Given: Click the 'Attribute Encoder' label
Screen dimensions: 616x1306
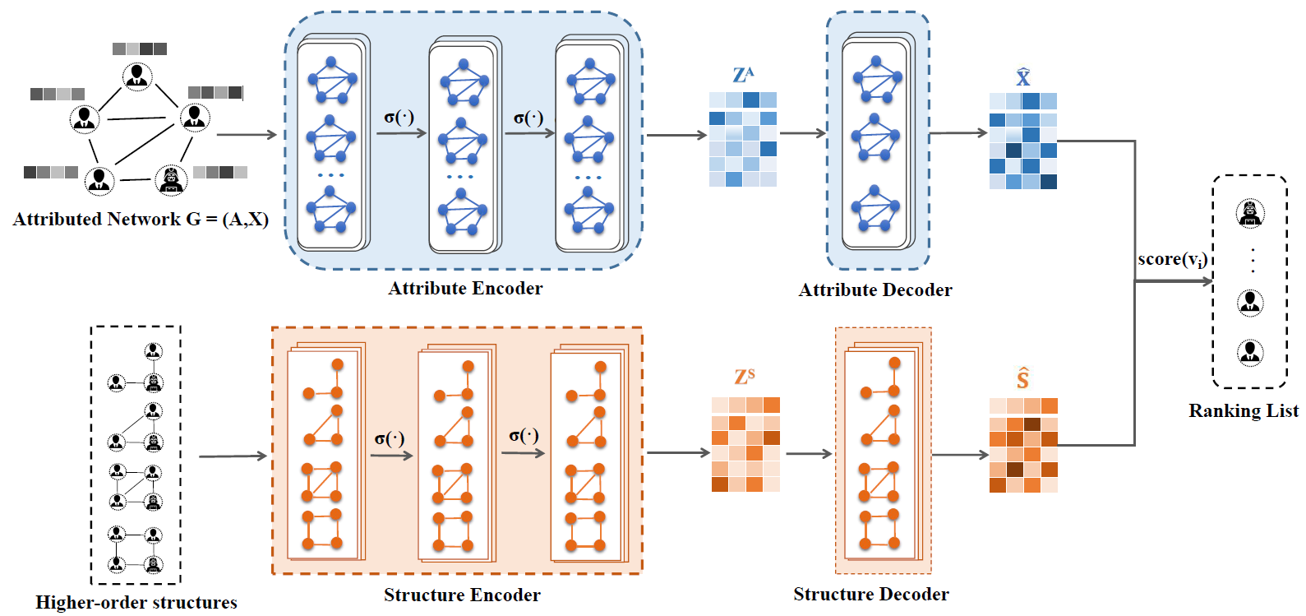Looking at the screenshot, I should pos(465,289).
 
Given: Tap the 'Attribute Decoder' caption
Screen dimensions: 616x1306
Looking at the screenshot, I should pos(875,290).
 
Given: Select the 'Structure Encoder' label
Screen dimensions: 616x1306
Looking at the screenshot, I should pos(462,595).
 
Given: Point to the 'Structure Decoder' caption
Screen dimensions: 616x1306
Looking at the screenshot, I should pos(870,595).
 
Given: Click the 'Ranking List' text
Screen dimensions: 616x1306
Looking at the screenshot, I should pos(1244,411).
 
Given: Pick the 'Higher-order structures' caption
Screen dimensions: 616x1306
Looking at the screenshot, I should pos(136,603).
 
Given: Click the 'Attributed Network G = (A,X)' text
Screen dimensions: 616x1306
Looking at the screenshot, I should pos(141,220).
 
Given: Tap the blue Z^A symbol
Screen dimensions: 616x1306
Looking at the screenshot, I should pos(743,76).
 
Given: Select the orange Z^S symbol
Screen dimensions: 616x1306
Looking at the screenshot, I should pos(745,377).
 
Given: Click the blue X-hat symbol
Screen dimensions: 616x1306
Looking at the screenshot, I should pos(1023,77).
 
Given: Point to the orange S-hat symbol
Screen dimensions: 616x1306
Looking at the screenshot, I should pos(1022,378).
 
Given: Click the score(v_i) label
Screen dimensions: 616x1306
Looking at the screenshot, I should pos(1172,260).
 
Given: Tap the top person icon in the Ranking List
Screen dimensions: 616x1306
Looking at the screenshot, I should pos(1250,214).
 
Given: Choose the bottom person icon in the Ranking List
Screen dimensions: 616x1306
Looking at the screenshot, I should pos(1250,353).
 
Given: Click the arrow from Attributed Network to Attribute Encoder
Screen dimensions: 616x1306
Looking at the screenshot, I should pos(247,135).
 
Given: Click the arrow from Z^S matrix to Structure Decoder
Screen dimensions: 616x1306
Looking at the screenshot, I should pos(809,453).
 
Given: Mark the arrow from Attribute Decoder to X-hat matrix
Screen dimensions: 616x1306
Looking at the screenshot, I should pos(958,132).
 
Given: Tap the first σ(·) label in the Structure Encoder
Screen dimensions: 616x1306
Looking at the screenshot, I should pos(389,438).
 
